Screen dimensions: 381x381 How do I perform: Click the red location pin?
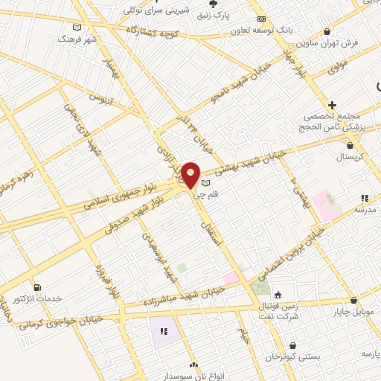191,176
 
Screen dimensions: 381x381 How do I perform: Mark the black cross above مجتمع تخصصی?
332,105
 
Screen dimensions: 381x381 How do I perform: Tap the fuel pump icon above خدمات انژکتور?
37,286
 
